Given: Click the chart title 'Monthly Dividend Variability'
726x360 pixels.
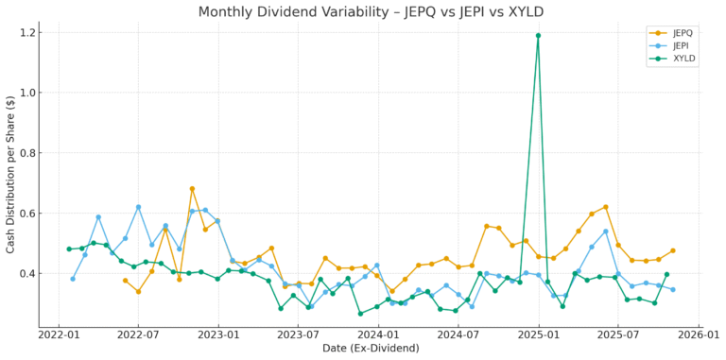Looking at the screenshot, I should [363, 12].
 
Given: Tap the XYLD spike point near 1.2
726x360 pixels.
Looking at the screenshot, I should [538, 36].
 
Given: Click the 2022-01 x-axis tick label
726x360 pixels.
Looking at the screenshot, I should [59, 334].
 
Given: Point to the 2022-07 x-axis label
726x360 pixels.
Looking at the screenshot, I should [138, 334].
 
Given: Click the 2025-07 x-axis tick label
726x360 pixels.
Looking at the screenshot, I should [617, 334].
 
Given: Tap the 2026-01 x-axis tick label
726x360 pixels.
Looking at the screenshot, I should [698, 334].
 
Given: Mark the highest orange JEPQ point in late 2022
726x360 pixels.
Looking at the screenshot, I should [192, 189].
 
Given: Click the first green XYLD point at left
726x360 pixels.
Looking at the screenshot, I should [69, 249].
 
